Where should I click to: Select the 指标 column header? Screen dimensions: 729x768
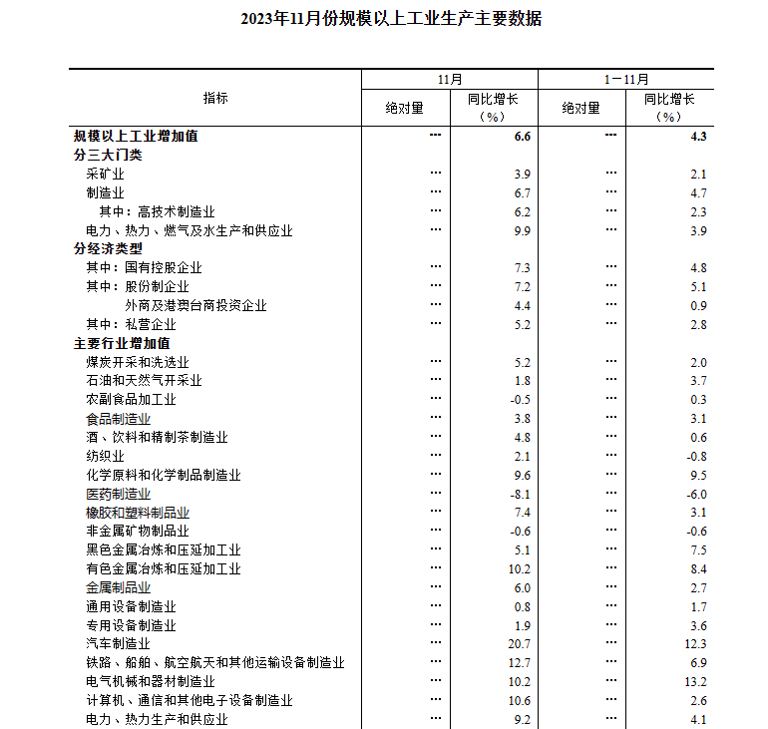[214, 98]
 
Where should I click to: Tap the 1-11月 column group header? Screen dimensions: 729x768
[625, 79]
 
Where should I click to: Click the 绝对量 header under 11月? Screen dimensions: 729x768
[405, 107]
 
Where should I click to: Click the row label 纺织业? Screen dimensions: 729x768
[105, 456]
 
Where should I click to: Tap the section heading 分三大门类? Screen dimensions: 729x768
[108, 155]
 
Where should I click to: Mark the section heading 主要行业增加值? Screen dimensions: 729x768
[122, 343]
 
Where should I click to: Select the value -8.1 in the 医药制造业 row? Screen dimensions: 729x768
[521, 494]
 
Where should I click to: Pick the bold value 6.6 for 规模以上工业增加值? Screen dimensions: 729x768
[522, 136]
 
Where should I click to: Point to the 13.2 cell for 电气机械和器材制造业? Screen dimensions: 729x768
[696, 682]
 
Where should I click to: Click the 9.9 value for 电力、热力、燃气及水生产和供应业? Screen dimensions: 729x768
[522, 230]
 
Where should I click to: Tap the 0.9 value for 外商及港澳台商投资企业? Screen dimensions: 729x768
[698, 305]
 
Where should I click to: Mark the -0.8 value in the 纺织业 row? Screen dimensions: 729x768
[696, 456]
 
